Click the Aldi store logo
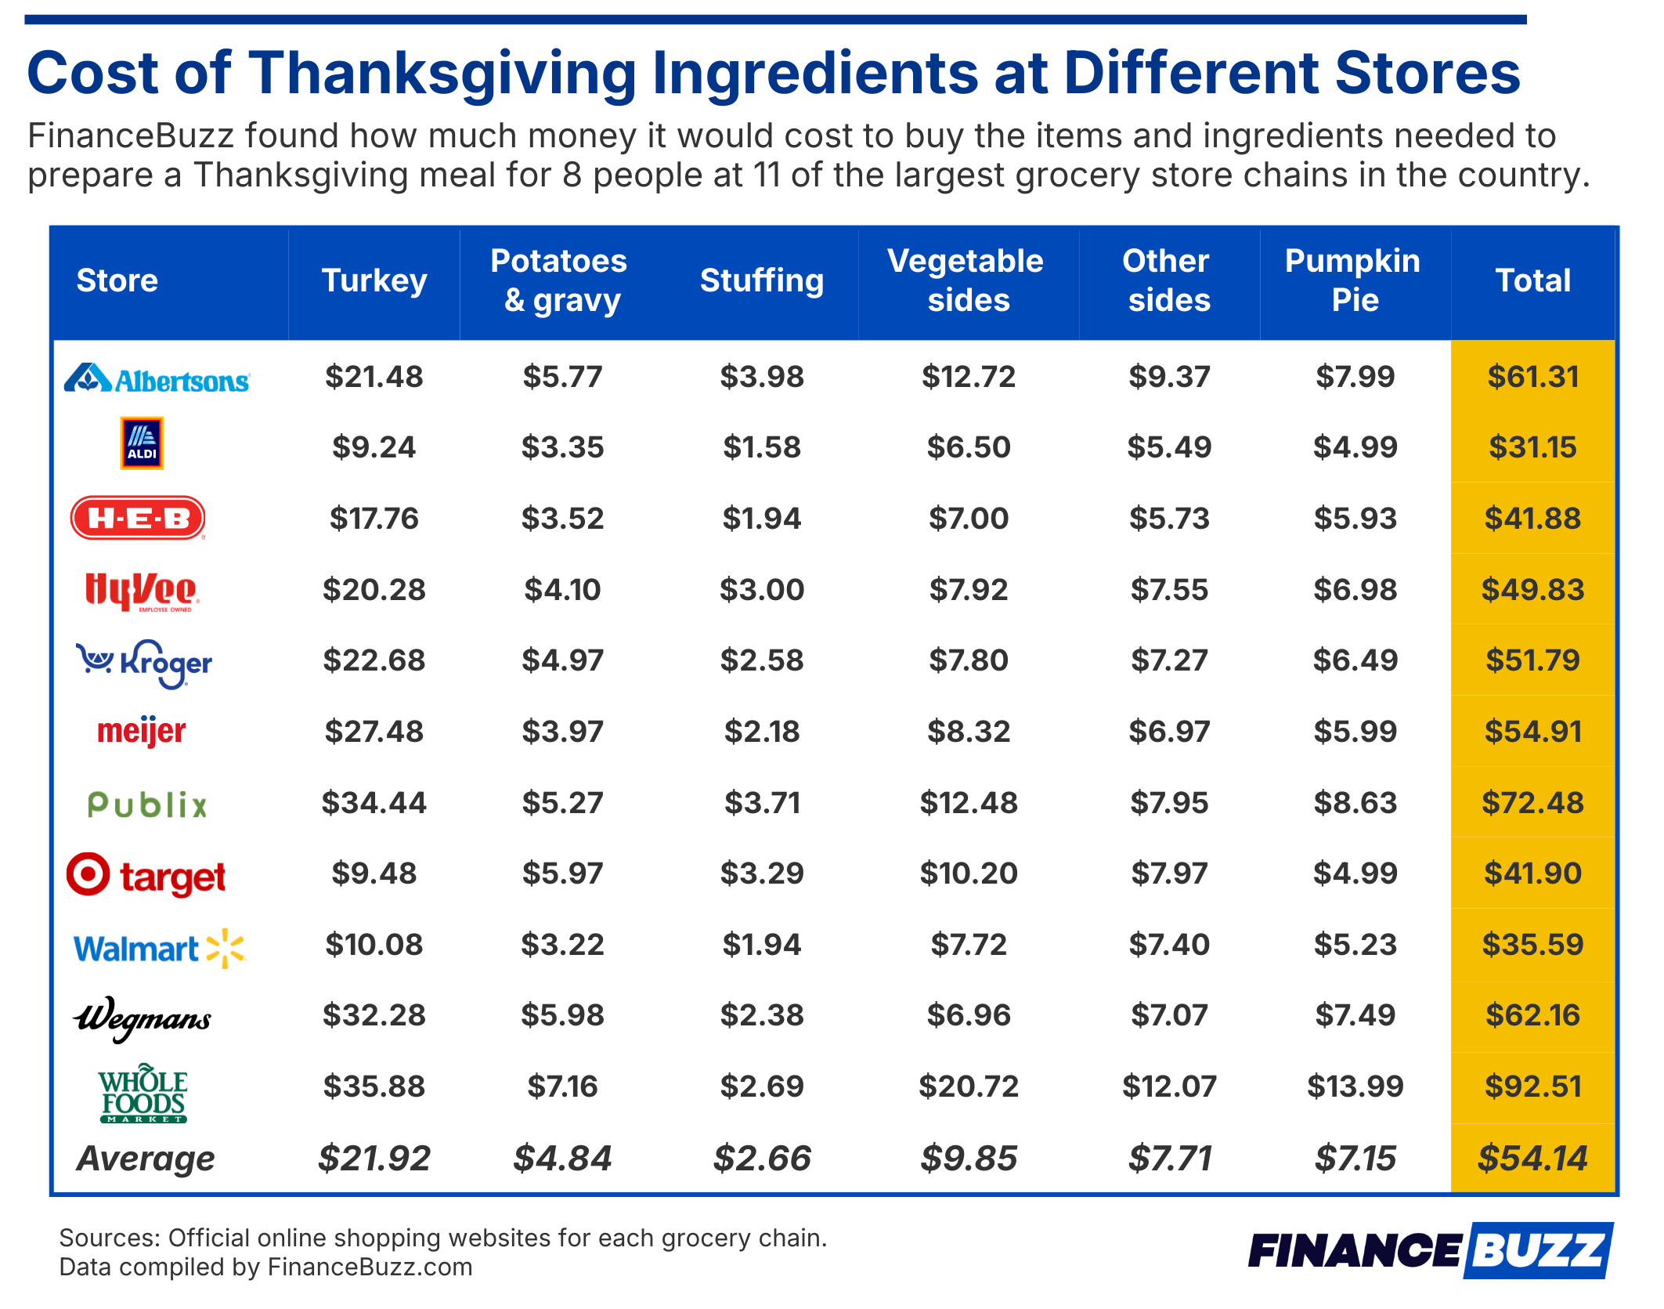(142, 443)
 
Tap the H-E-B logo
(138, 518)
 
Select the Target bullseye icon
(88, 873)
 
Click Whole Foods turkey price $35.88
(374, 1087)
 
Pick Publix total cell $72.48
(1532, 803)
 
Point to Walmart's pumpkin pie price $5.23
(1355, 945)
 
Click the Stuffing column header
(762, 280)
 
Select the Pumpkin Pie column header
(1353, 280)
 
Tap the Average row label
(146, 1158)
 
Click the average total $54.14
(1532, 1158)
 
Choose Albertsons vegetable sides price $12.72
(969, 377)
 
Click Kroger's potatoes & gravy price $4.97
(562, 660)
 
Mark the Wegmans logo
(143, 1018)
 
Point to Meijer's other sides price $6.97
(1169, 732)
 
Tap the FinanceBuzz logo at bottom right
(1430, 1250)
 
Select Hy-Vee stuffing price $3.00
(762, 590)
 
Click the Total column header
(1532, 280)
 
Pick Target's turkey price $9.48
(374, 873)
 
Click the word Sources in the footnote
(109, 1238)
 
